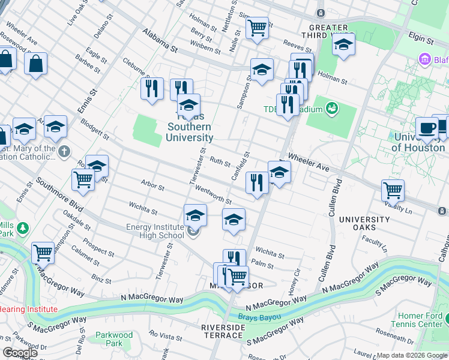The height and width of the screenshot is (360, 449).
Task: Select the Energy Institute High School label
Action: (155, 231)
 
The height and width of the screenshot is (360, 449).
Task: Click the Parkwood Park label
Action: (114, 340)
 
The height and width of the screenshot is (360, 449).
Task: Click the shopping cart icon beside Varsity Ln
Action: (393, 190)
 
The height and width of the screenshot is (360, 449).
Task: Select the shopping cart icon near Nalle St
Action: (257, 27)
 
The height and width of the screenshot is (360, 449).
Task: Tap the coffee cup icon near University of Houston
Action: (427, 128)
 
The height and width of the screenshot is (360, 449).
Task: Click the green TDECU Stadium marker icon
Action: (331, 108)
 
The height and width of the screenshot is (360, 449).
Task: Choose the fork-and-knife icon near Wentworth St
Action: (257, 182)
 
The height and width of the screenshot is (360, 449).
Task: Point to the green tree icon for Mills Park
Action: (23, 228)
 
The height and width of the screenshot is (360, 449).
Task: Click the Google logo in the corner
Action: (20, 353)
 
